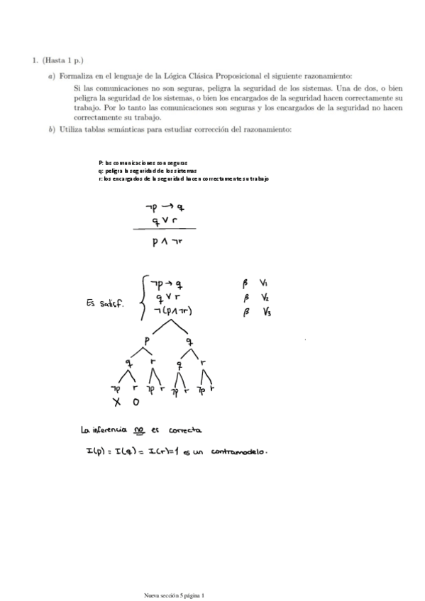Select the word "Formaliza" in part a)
75,75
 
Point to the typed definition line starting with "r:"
184,179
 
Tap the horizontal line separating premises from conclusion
164,229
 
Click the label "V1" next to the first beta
265,283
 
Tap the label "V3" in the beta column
267,311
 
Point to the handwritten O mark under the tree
136,403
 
